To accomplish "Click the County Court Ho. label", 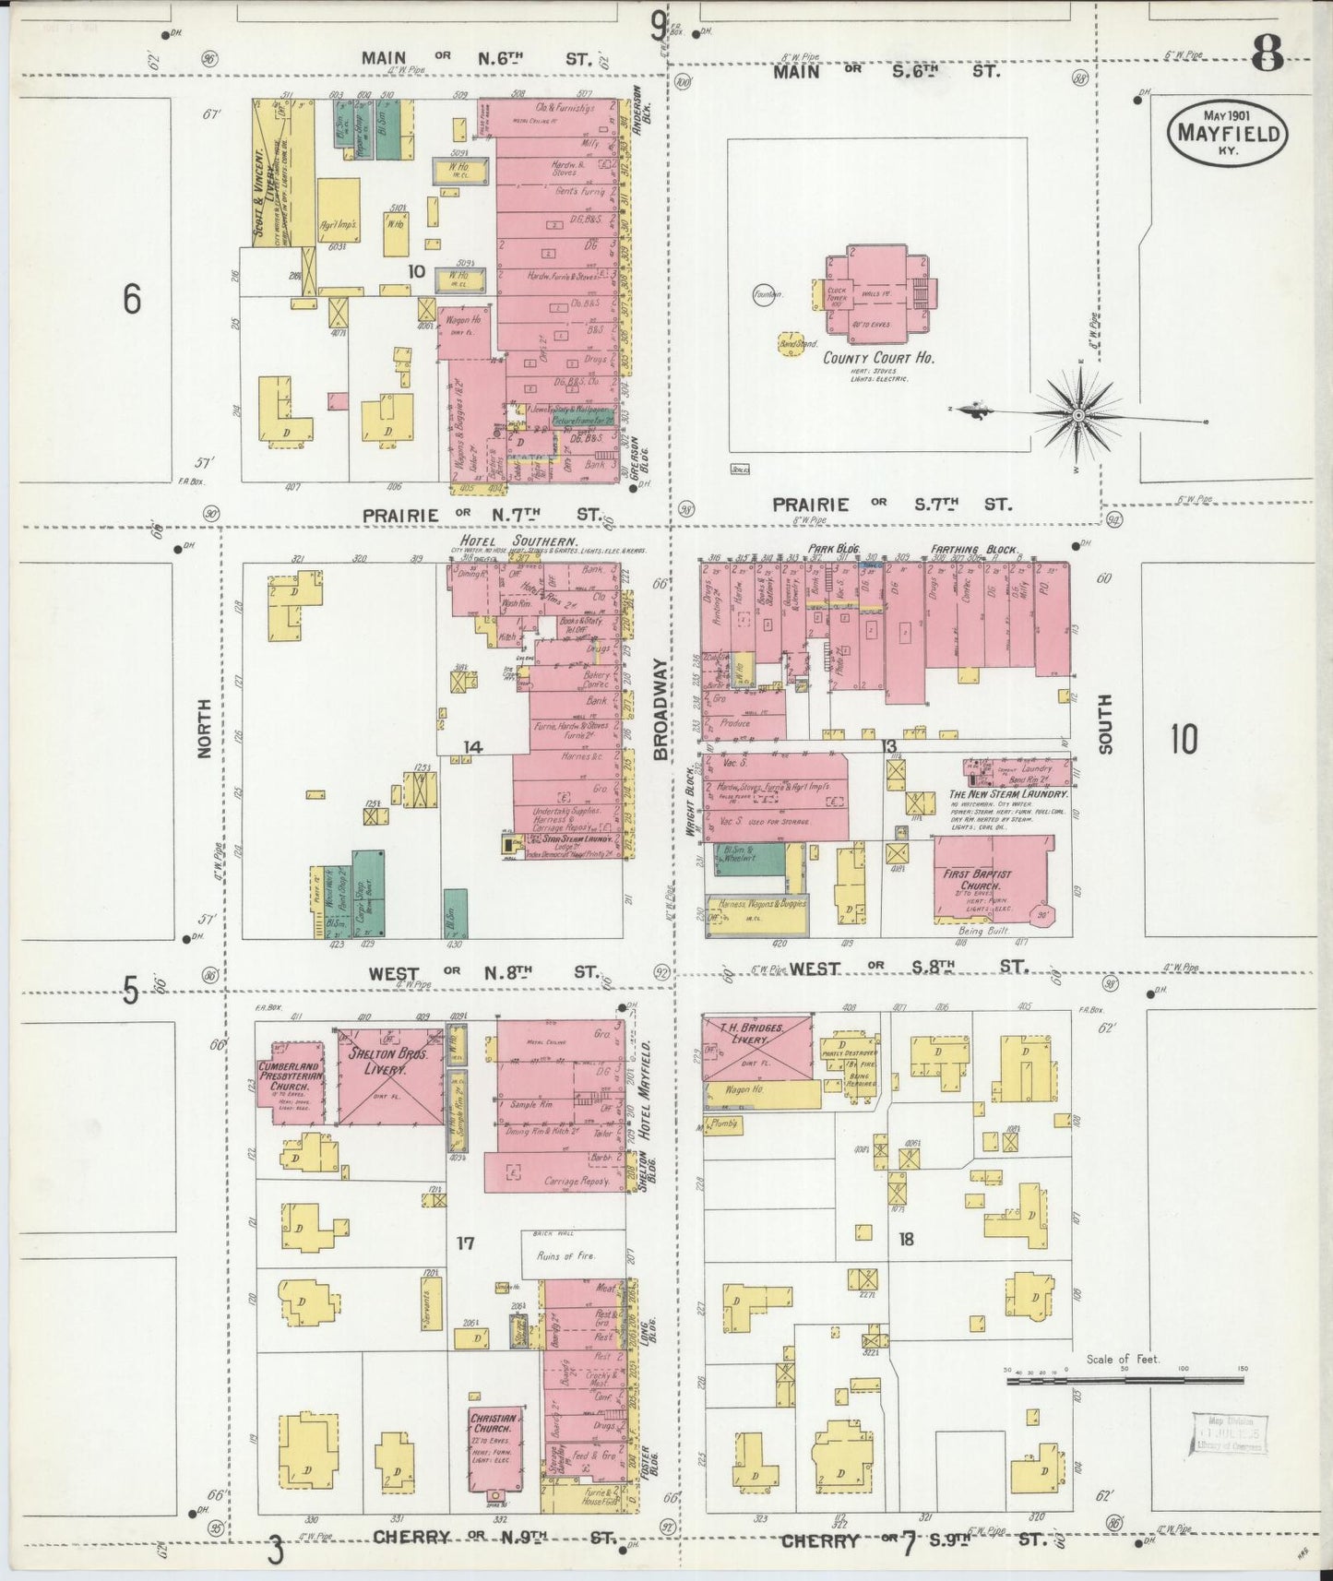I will (878, 358).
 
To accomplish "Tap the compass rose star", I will (1077, 417).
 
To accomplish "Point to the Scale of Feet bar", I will (1125, 1380).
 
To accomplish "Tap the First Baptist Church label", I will (977, 879).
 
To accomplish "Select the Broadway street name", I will (661, 709).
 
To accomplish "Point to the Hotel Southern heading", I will (519, 541).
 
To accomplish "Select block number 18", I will (906, 1239).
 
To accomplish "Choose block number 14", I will (472, 747).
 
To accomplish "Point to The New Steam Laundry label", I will (1008, 793).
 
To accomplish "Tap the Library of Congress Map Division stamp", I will (1230, 1432).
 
